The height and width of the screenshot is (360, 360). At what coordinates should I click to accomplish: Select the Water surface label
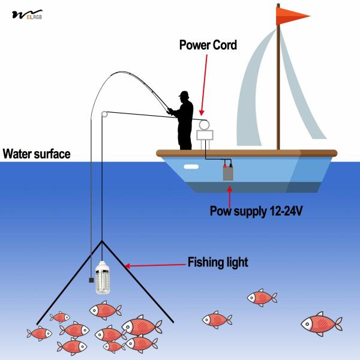(36, 154)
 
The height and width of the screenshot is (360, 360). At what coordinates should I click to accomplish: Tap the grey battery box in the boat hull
(229, 173)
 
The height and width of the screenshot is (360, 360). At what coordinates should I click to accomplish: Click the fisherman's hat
(184, 95)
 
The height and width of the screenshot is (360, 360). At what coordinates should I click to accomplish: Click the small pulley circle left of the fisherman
(104, 113)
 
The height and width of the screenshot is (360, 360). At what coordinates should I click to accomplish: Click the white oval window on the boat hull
(191, 167)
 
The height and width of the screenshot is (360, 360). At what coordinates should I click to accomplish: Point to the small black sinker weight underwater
(89, 280)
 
